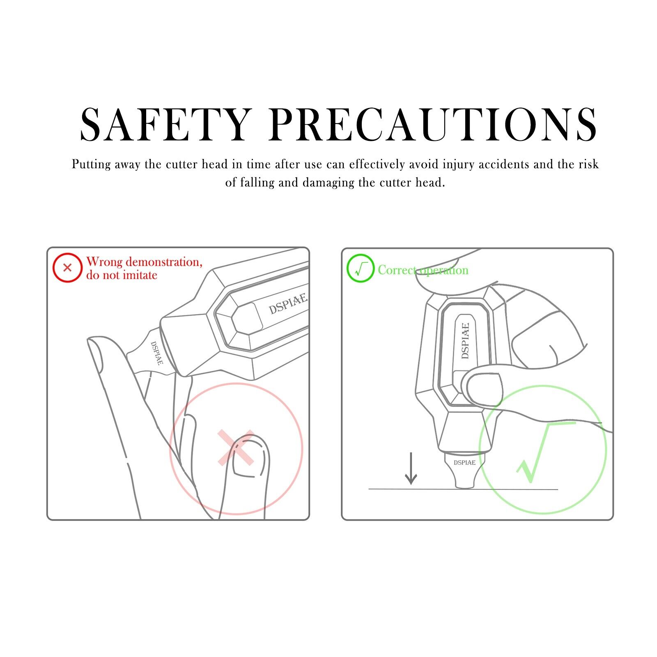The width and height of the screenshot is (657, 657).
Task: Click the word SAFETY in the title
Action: (165, 124)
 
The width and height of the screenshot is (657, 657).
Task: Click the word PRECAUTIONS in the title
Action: (433, 124)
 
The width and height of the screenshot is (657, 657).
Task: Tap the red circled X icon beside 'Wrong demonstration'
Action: (67, 268)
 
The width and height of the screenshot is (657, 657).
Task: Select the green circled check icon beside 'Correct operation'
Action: (361, 268)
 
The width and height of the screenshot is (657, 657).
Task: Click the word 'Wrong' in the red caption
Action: (104, 262)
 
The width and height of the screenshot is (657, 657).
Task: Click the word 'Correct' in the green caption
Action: (397, 270)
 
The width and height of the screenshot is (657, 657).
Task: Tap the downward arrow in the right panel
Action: (411, 469)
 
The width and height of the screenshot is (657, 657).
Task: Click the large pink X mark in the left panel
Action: (236, 448)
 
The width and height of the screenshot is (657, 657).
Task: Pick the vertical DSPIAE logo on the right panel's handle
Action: (465, 340)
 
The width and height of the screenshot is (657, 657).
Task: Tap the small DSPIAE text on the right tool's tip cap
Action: (464, 462)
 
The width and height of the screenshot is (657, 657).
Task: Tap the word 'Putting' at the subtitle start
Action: (92, 165)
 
